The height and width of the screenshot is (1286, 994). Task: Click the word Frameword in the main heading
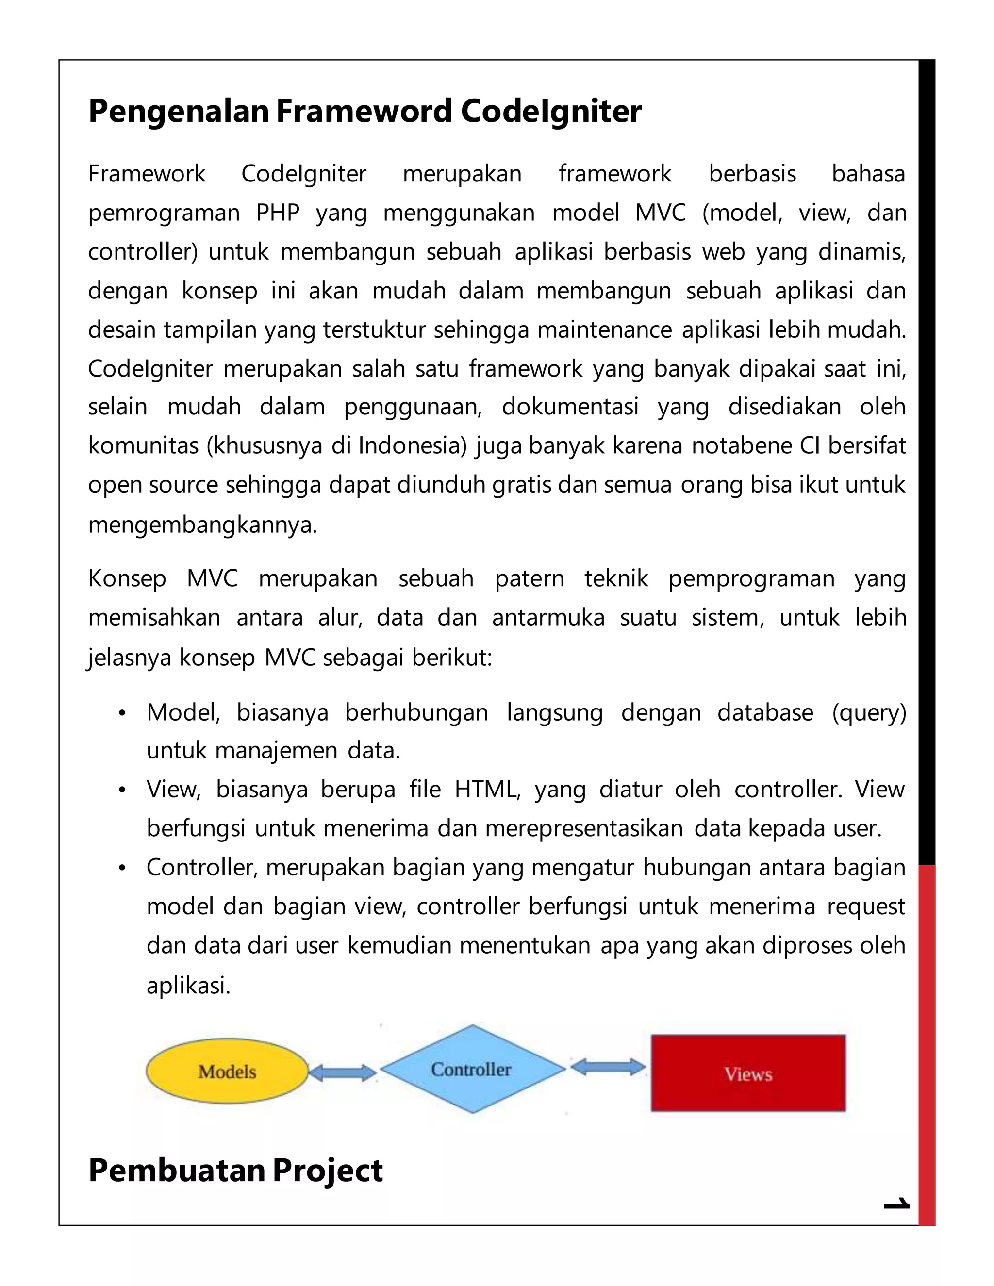(x=364, y=111)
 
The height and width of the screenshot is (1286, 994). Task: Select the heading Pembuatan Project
(x=235, y=1170)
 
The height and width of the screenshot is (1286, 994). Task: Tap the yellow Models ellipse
(x=227, y=1071)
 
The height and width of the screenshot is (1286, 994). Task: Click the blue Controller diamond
(x=472, y=1069)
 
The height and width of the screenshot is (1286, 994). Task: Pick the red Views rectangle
(x=748, y=1073)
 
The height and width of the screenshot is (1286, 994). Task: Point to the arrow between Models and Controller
(x=342, y=1073)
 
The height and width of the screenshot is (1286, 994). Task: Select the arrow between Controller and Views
(x=608, y=1067)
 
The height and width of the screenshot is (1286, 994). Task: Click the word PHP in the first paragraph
(x=278, y=213)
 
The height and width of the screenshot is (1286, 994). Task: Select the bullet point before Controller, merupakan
(x=122, y=869)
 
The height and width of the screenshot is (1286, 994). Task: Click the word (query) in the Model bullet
(x=869, y=712)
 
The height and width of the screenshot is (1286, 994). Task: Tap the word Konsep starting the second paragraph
(x=127, y=579)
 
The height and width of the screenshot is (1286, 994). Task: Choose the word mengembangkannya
(x=202, y=524)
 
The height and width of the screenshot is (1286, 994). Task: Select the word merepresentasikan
(x=583, y=828)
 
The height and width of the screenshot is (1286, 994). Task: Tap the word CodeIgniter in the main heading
(x=551, y=111)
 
